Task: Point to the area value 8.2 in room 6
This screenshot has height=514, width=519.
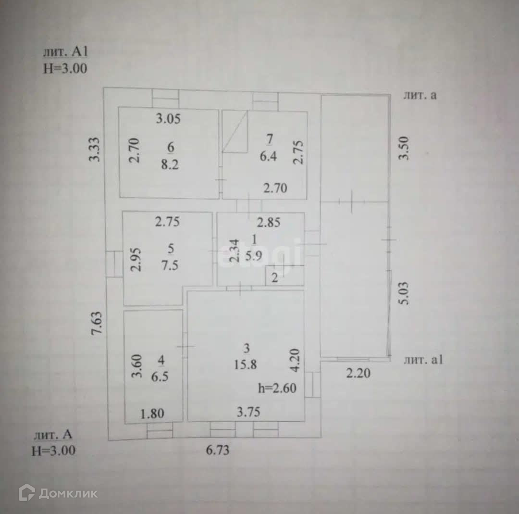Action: (169, 164)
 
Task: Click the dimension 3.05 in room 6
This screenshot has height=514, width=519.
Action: (168, 119)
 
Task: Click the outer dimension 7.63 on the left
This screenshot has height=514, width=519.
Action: (98, 327)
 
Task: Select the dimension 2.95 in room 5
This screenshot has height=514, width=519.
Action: (137, 260)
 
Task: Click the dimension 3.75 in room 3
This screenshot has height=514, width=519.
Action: (248, 413)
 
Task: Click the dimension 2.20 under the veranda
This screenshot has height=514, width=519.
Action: (358, 373)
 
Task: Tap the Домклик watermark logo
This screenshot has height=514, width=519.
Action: (58, 493)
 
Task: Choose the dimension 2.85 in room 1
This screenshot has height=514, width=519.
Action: (269, 223)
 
